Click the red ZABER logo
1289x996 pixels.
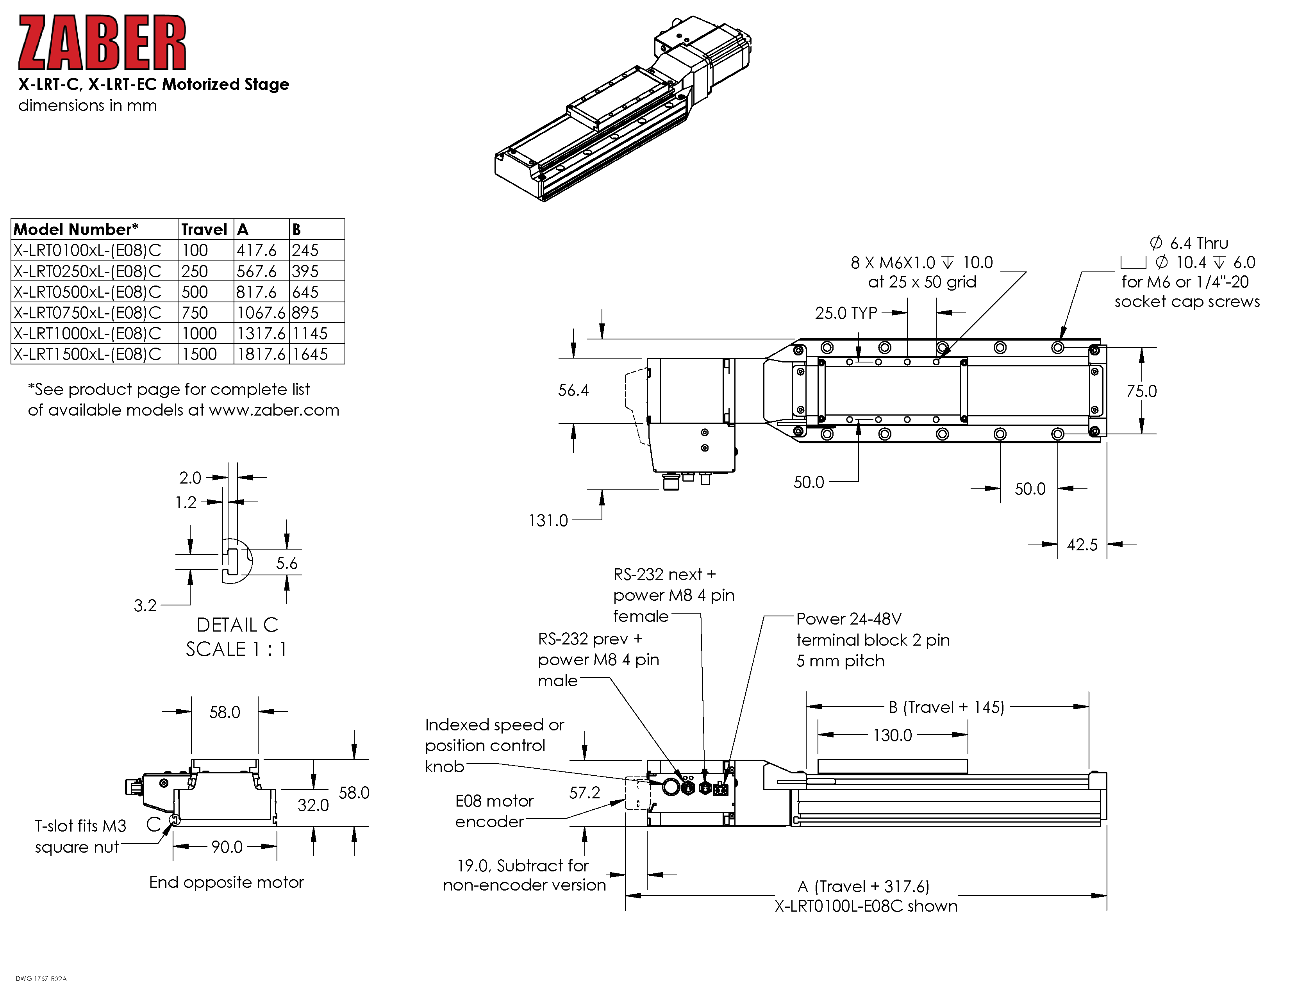(x=102, y=43)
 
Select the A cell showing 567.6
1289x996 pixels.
(x=257, y=271)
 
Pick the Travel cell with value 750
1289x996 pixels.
(x=195, y=313)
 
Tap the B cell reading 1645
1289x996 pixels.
(x=310, y=354)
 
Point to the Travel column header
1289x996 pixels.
(x=204, y=230)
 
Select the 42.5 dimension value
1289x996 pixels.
(x=1082, y=544)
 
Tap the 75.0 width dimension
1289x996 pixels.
(x=1141, y=391)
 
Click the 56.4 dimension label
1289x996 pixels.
(x=573, y=390)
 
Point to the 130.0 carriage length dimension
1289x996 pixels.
(x=893, y=735)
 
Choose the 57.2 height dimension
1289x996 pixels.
(x=584, y=793)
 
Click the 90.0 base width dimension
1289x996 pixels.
(x=227, y=847)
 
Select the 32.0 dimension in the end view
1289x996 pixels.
(x=313, y=805)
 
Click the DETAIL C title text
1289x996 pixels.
(x=237, y=625)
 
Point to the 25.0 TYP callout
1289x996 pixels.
(x=846, y=313)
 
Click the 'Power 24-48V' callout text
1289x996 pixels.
(x=849, y=619)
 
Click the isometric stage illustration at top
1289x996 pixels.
(x=623, y=109)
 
